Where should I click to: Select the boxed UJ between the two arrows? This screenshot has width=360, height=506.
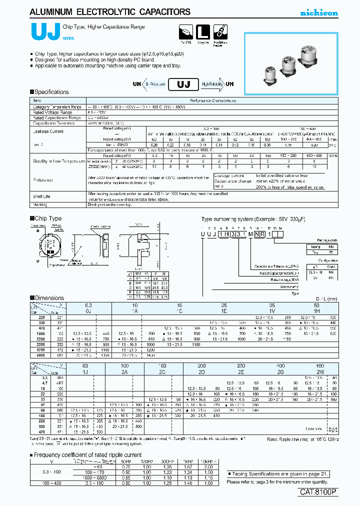click(183, 84)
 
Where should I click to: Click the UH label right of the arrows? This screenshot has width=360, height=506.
click(229, 84)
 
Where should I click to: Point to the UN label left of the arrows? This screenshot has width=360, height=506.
click(136, 84)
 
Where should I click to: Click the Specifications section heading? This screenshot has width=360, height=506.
click(49, 92)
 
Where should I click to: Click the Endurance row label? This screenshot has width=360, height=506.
click(43, 180)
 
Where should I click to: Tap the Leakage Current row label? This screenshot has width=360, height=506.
click(48, 131)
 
